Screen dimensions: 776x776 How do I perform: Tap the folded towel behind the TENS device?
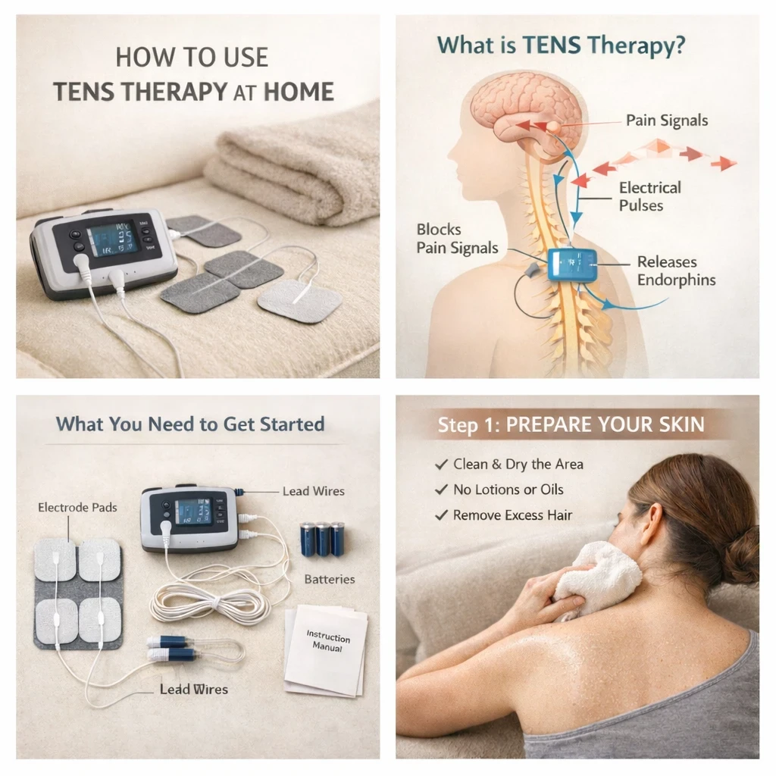[x=292, y=168]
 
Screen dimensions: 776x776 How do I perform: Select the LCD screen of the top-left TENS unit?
[x=112, y=239]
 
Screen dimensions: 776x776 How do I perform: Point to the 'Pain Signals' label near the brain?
[x=667, y=120]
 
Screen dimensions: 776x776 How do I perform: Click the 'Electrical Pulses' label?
[x=649, y=196]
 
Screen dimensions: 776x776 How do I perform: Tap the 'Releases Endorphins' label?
[x=676, y=271]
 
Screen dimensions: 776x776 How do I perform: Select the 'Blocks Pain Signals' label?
[x=457, y=239]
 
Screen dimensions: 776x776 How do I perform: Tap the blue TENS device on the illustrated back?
[x=572, y=264]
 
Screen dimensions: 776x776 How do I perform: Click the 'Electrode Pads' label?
[x=78, y=507]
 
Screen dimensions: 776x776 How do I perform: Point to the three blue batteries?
[x=322, y=539]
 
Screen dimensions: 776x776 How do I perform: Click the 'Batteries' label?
[x=330, y=579]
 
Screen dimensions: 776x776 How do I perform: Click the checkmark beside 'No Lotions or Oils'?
[x=441, y=490]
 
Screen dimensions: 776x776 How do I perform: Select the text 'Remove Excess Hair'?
[x=513, y=515]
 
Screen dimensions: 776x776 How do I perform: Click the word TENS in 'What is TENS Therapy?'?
[x=552, y=45]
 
